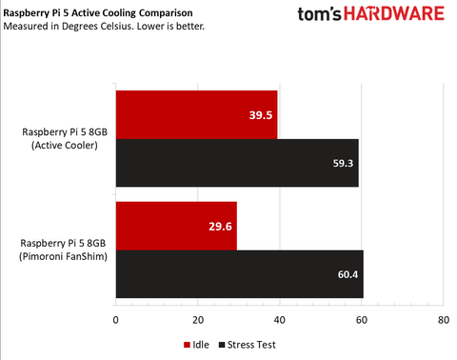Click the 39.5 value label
pyautogui.click(x=259, y=115)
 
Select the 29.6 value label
pyautogui.click(x=218, y=226)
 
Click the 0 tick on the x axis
pyautogui.click(x=116, y=321)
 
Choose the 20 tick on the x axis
pyautogui.click(x=198, y=321)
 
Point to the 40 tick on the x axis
pyautogui.click(x=280, y=321)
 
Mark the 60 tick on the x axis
pyautogui.click(x=362, y=321)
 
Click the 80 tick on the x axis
pyautogui.click(x=443, y=321)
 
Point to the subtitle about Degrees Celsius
pyautogui.click(x=103, y=26)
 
